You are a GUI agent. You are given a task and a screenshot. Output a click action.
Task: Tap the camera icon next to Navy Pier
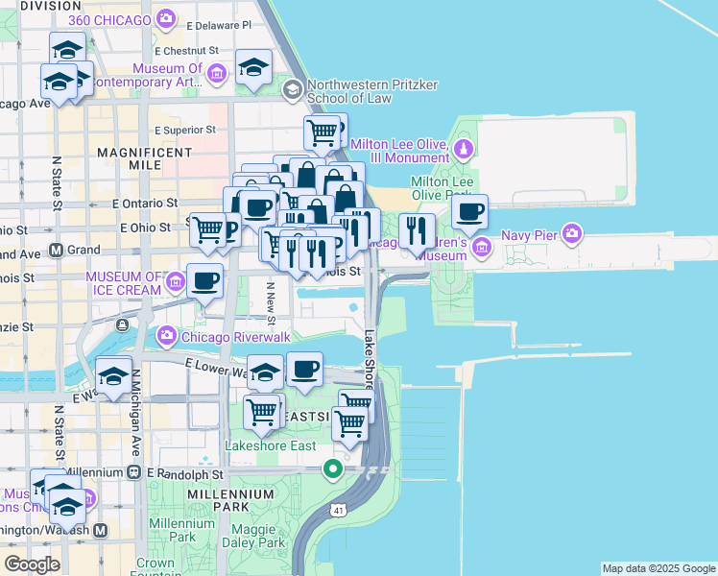(573, 233)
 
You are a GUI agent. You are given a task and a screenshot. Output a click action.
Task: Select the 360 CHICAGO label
(111, 19)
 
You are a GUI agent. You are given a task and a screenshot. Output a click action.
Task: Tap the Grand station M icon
(56, 250)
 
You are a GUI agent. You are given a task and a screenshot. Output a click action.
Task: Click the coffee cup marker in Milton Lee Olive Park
(469, 212)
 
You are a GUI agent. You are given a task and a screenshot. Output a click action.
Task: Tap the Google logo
(32, 564)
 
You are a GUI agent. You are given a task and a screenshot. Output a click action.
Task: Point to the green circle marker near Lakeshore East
(333, 469)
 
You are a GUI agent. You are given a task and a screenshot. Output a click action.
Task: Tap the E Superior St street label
(185, 130)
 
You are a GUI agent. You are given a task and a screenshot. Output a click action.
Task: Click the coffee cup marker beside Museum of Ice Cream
(204, 280)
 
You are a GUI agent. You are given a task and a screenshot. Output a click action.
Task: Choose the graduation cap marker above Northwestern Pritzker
(253, 67)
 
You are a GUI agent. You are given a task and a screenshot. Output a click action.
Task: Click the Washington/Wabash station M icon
(100, 530)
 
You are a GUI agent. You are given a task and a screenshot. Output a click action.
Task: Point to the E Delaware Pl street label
(218, 25)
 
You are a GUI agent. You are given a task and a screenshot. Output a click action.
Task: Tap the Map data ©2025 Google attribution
(658, 568)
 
